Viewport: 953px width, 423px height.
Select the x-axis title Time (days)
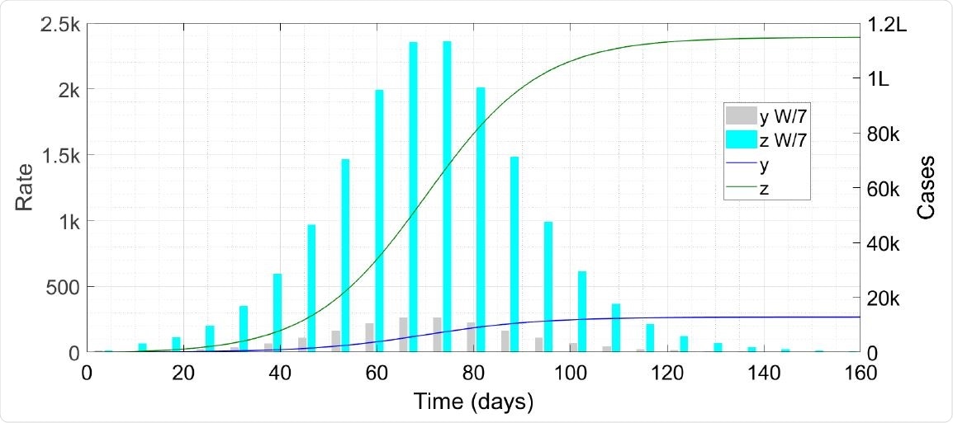[474, 402]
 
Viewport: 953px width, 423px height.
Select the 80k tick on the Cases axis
[887, 134]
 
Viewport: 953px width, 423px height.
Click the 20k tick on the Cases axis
[887, 298]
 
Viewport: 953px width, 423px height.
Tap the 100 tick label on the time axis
[571, 372]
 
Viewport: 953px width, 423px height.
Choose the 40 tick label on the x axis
[281, 372]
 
